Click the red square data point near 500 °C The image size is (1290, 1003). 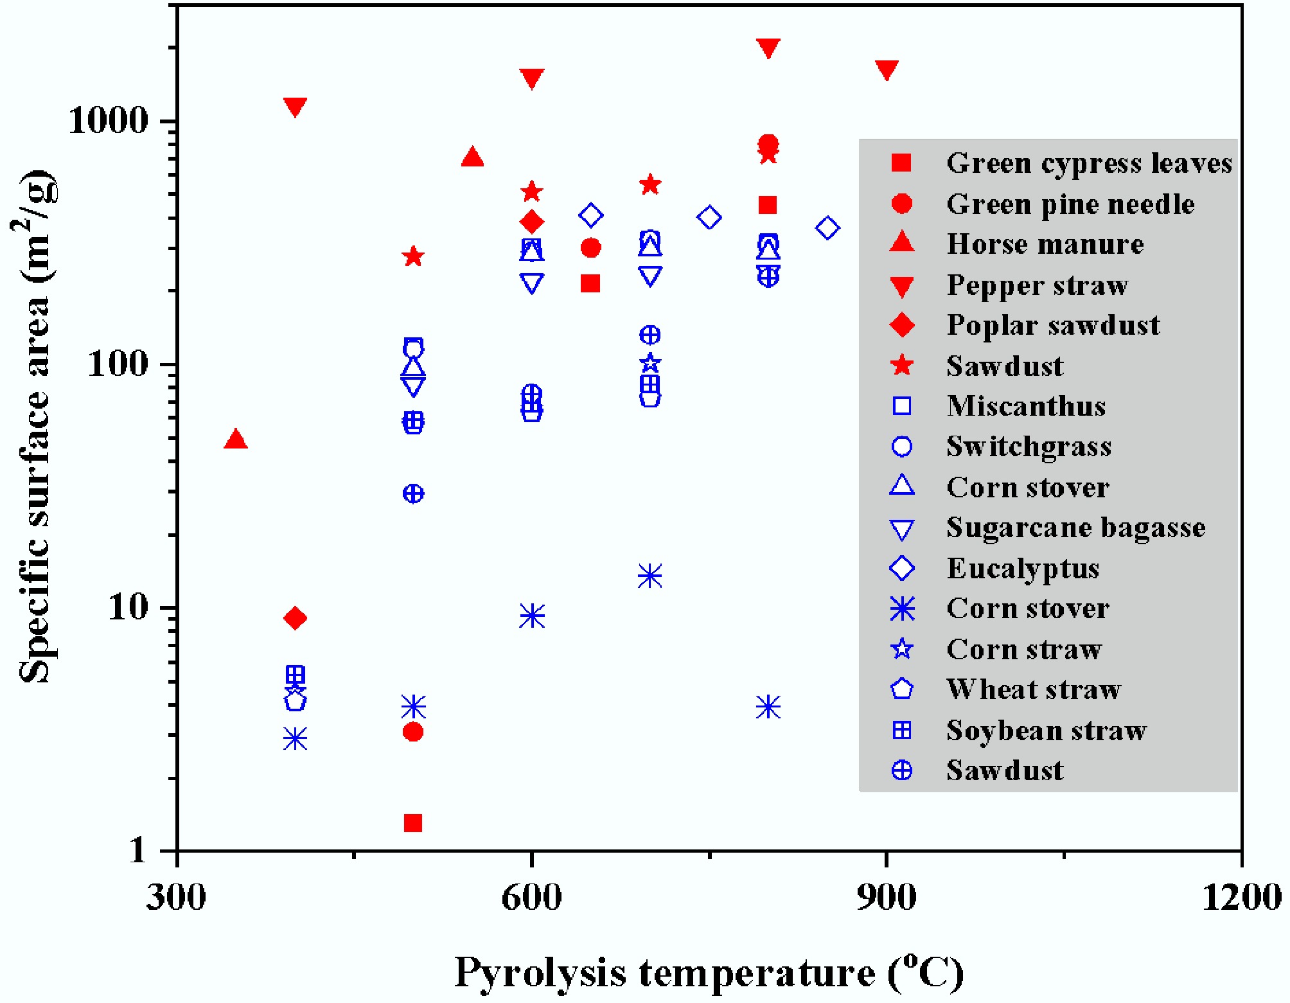(x=413, y=822)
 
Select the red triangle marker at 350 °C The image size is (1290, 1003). (x=236, y=439)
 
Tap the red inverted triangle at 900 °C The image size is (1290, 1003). (x=887, y=69)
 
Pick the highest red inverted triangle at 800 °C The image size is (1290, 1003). (x=768, y=47)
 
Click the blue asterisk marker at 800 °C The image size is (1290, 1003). (x=768, y=707)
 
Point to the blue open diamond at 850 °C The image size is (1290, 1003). (x=827, y=227)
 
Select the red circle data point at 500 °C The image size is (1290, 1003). (x=413, y=732)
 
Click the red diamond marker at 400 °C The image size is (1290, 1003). (x=295, y=618)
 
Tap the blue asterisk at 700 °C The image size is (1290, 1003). (x=650, y=576)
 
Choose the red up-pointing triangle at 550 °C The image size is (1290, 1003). (x=472, y=157)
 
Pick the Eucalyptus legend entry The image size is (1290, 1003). (x=1023, y=569)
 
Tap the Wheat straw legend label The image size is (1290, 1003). (x=1034, y=689)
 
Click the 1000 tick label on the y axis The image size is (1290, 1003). (x=108, y=120)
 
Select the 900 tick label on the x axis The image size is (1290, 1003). (x=887, y=898)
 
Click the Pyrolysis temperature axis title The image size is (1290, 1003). (x=709, y=972)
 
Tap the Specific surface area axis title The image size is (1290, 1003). (x=35, y=427)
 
